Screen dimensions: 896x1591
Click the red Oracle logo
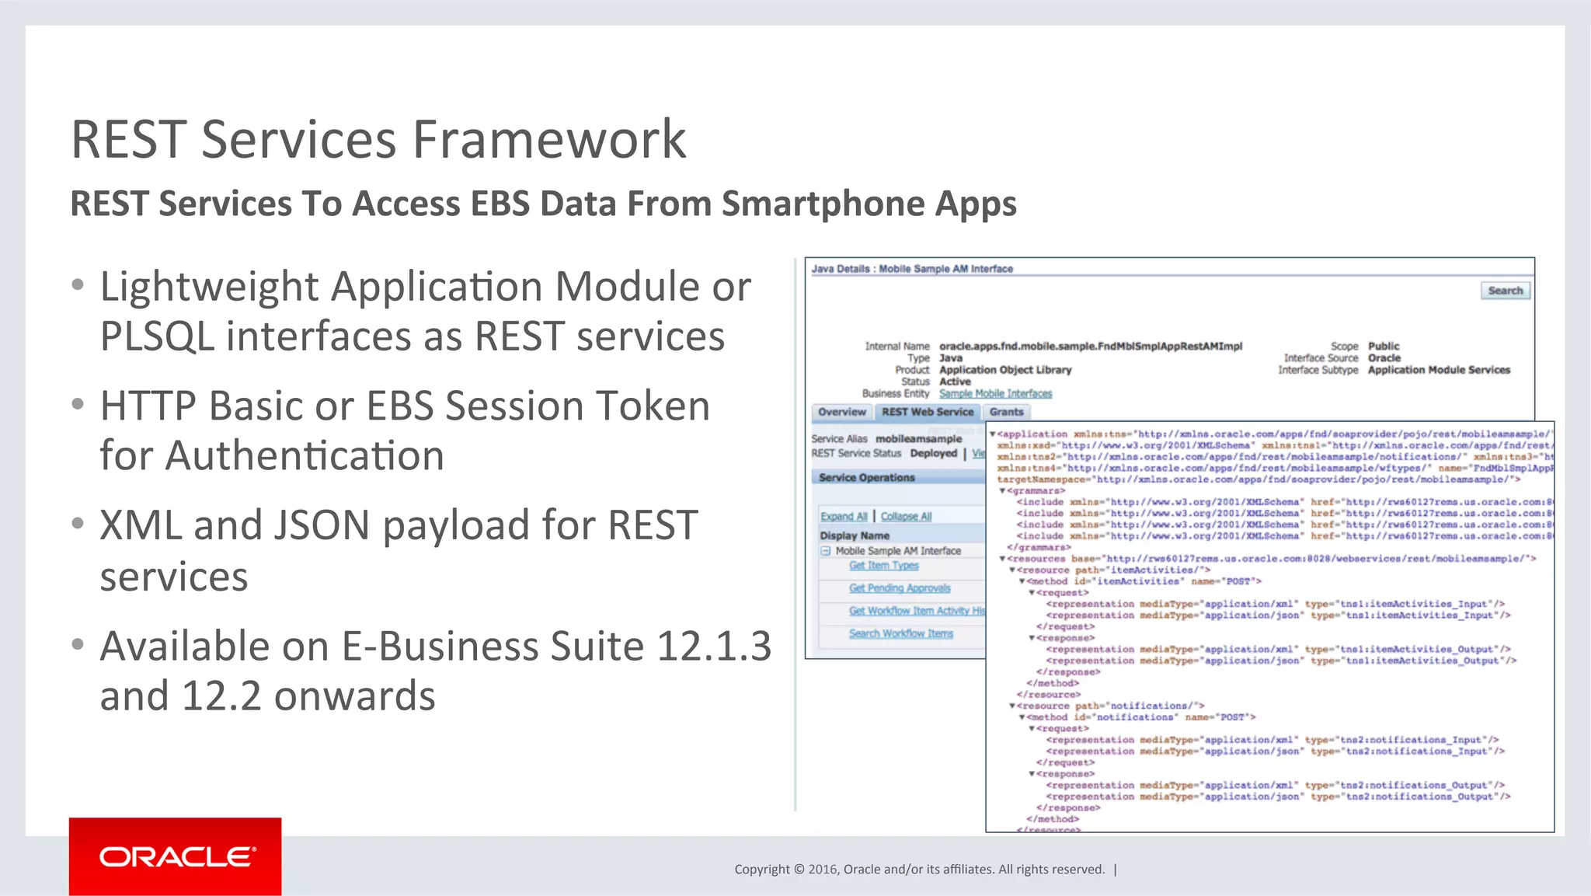coord(176,856)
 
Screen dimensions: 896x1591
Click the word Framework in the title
coord(549,140)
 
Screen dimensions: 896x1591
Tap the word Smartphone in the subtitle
coord(823,204)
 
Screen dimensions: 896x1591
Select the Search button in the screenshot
coord(1505,291)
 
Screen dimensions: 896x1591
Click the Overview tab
coord(841,412)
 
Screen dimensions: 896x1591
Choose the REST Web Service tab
coord(927,412)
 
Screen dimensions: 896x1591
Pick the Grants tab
coord(1006,412)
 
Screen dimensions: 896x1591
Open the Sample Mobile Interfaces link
coord(995,394)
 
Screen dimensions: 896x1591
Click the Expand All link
coord(844,517)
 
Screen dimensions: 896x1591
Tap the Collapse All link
coord(906,517)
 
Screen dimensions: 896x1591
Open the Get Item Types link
coord(883,566)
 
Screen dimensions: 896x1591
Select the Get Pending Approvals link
coord(900,588)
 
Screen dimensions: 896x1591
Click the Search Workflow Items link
coord(900,634)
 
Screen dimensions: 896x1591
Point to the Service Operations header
coord(866,478)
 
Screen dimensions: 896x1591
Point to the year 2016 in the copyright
coord(823,870)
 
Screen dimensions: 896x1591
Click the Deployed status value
coord(933,454)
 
